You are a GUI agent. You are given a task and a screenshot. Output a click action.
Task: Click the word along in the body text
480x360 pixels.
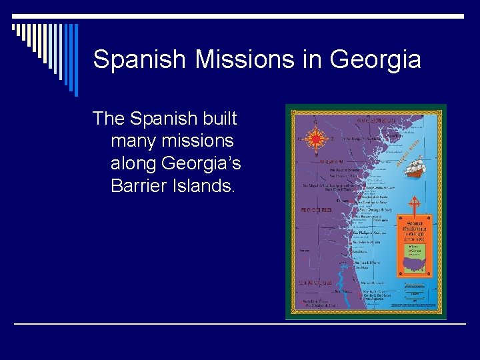tap(136, 163)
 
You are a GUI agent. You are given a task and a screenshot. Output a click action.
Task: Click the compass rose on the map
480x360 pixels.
tap(317, 138)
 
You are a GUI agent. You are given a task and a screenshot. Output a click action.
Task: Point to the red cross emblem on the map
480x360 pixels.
tap(413, 205)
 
